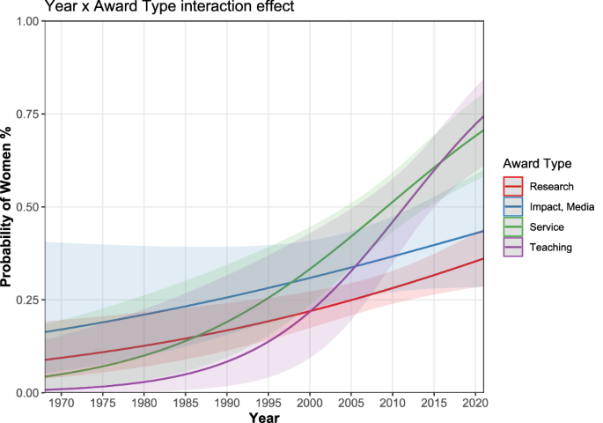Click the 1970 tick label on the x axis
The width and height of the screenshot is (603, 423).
tap(62, 402)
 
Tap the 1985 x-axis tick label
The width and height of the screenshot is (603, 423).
tap(186, 402)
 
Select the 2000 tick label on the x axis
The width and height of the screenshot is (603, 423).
tap(310, 402)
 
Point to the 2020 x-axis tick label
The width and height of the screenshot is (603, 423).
tap(475, 402)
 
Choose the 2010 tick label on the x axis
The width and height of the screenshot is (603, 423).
tap(393, 402)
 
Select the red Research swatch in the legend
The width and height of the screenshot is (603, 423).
tap(513, 186)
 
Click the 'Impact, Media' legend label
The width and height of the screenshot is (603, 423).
tap(563, 206)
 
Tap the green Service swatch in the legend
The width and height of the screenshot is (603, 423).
tap(513, 226)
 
